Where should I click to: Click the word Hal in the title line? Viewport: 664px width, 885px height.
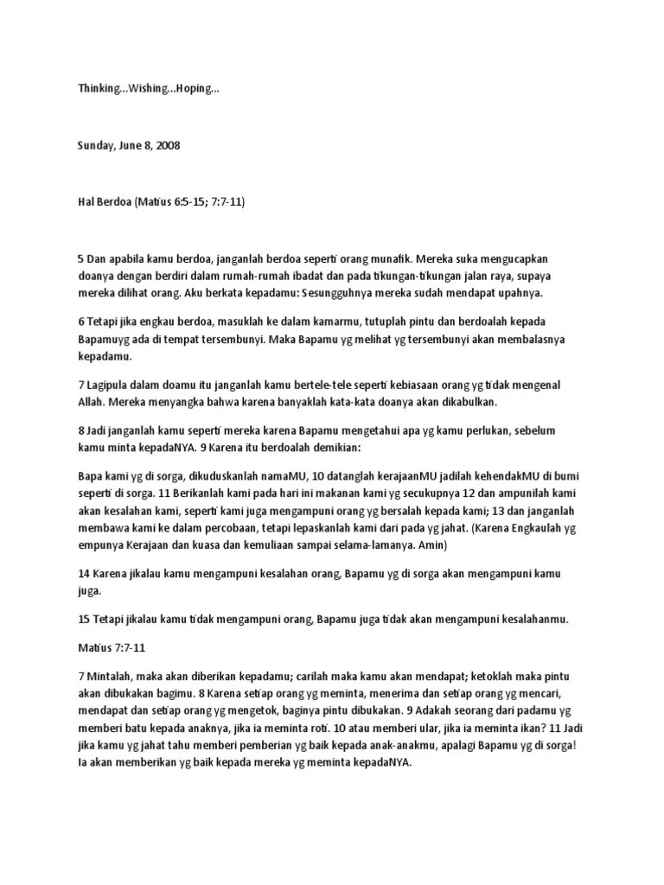(x=86, y=201)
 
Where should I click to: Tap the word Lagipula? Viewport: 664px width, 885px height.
(x=112, y=385)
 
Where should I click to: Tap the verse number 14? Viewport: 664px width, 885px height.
(x=84, y=574)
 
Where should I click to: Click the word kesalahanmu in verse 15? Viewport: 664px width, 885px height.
(x=515, y=620)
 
